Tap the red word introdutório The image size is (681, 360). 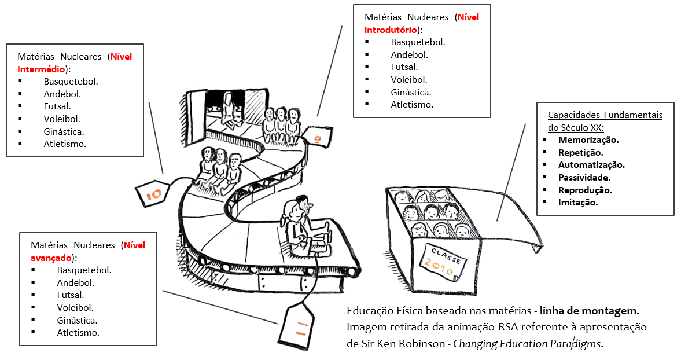pos(391,30)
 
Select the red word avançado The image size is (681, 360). pos(51,258)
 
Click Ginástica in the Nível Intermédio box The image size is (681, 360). pos(64,131)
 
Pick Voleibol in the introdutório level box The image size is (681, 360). pos(409,80)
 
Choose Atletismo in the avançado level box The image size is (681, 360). pos(78,332)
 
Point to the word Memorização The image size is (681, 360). pos(588,139)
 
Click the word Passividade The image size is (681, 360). pos(584,177)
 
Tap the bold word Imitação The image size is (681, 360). pos(578,203)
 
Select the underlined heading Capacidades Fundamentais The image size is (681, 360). pos(605,115)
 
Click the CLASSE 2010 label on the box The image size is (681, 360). pos(443,259)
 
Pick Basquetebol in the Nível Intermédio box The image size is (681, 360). pos(71,81)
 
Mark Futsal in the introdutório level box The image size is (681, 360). pos(404,67)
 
